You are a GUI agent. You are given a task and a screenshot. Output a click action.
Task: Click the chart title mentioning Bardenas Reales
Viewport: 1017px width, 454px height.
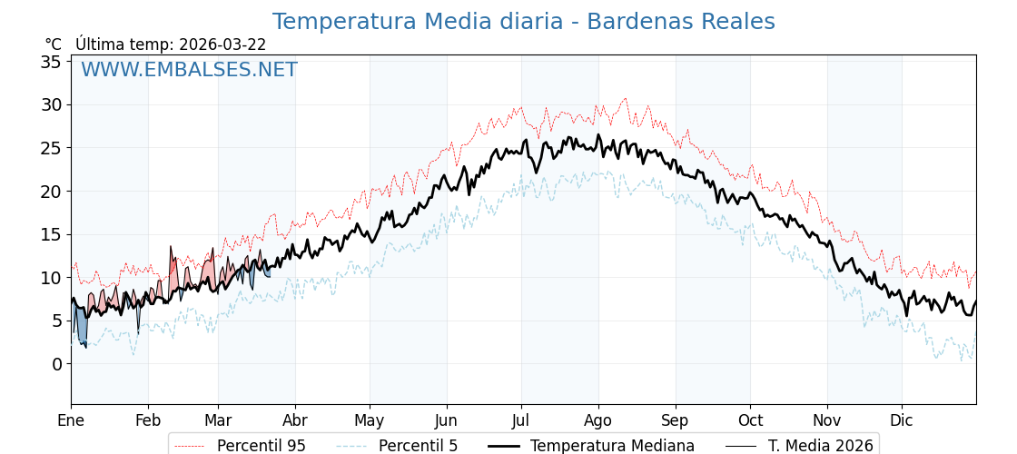(x=523, y=22)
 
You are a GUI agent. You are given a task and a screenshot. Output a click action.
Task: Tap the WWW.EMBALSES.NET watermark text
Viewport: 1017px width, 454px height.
(x=189, y=70)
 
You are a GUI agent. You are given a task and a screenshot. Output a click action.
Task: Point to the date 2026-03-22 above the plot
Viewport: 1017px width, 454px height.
(x=222, y=44)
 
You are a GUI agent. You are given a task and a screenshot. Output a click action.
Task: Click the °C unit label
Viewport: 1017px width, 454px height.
(x=53, y=44)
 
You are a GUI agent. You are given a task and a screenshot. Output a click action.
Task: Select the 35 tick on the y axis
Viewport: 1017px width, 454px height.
(x=51, y=62)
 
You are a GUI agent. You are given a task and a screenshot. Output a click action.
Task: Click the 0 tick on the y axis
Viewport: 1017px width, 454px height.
(x=56, y=364)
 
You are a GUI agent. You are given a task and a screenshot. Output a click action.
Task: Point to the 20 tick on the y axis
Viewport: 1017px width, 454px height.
(x=51, y=192)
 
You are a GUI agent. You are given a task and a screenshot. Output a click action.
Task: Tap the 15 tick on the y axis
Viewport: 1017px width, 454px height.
(x=51, y=234)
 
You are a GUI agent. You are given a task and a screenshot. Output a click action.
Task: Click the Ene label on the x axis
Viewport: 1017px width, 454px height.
(x=71, y=420)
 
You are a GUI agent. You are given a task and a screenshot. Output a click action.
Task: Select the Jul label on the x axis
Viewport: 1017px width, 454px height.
(x=521, y=420)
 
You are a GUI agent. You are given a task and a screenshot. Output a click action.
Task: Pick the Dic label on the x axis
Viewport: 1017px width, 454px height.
(x=902, y=420)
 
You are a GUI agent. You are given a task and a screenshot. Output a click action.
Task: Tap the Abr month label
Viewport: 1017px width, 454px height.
(x=295, y=420)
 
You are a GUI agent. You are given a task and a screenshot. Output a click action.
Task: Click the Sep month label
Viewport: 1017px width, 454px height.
(x=676, y=420)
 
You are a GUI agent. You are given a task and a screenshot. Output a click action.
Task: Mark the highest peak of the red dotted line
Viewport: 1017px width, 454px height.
(x=625, y=98)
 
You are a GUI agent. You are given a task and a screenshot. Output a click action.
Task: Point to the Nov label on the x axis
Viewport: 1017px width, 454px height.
(x=827, y=420)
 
